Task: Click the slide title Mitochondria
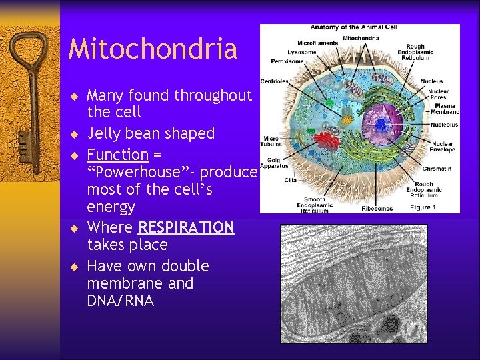coord(153,49)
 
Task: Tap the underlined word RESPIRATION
coord(186,228)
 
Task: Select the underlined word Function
coord(117,155)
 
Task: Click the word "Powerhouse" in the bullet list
coord(143,172)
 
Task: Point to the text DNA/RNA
coord(121,301)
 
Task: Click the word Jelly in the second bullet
coord(103,133)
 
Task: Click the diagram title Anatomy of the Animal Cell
coord(353,27)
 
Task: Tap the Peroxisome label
coord(288,61)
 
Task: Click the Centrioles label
coord(275,82)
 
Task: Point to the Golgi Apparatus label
coord(271,163)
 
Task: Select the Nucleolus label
coord(444,125)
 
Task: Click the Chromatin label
coord(437,169)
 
